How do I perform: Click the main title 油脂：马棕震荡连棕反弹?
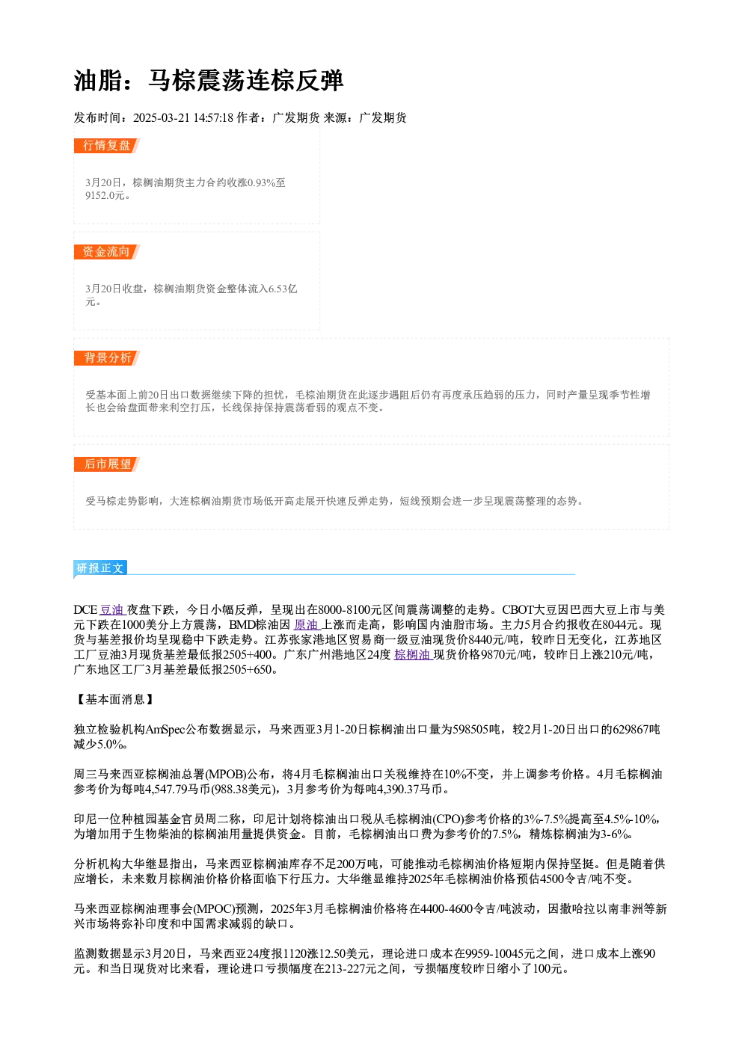pyautogui.click(x=209, y=81)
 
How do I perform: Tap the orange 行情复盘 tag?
pyautogui.click(x=107, y=146)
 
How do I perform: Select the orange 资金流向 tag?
pyautogui.click(x=107, y=252)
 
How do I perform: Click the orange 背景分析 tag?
pyautogui.click(x=107, y=358)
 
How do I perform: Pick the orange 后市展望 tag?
pyautogui.click(x=107, y=464)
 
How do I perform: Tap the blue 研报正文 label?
pyautogui.click(x=100, y=568)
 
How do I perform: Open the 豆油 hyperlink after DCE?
pyautogui.click(x=112, y=610)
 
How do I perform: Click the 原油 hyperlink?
pyautogui.click(x=307, y=625)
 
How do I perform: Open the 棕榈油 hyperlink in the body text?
pyautogui.click(x=412, y=655)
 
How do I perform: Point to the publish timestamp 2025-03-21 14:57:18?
pyautogui.click(x=183, y=118)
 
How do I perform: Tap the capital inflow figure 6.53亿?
pyautogui.click(x=283, y=289)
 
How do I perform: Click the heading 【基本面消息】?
pyautogui.click(x=114, y=700)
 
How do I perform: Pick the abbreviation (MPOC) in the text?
pyautogui.click(x=214, y=909)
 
